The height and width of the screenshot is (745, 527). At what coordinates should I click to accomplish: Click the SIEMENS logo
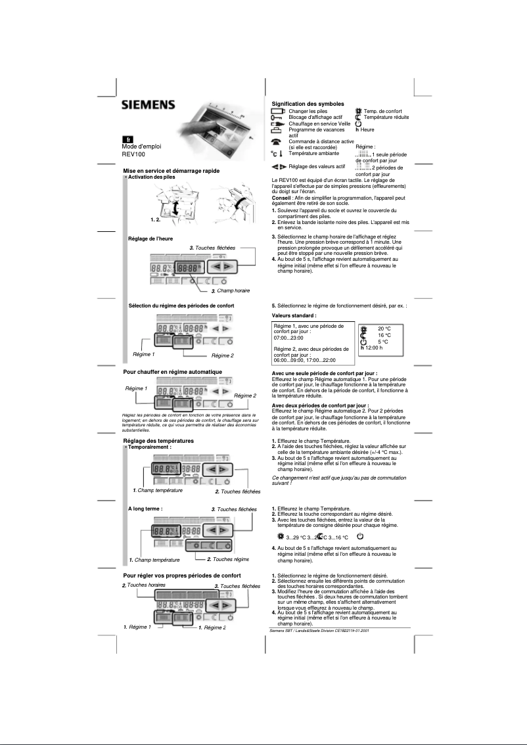148,105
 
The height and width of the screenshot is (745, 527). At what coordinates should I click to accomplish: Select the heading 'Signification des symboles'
308,104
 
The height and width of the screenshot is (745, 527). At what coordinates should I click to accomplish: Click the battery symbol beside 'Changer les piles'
278,112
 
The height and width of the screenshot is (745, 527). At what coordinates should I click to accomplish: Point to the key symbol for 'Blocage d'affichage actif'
277,118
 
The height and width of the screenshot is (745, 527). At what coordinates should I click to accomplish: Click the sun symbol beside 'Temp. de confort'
358,112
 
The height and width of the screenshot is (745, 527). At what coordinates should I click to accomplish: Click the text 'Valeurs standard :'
294,315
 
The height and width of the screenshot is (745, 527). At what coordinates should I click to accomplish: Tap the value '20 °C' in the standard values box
384,328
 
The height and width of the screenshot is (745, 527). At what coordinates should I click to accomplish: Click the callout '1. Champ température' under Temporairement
157,490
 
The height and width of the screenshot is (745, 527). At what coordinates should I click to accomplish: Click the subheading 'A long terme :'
145,508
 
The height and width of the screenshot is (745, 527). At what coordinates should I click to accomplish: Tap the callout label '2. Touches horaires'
143,585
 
